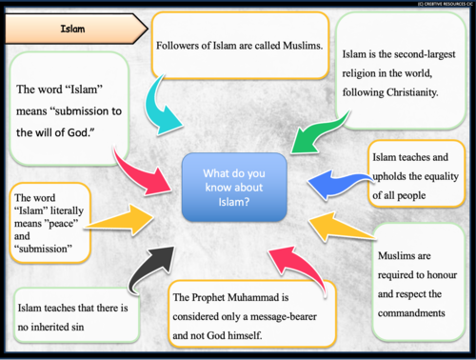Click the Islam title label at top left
(x=71, y=29)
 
